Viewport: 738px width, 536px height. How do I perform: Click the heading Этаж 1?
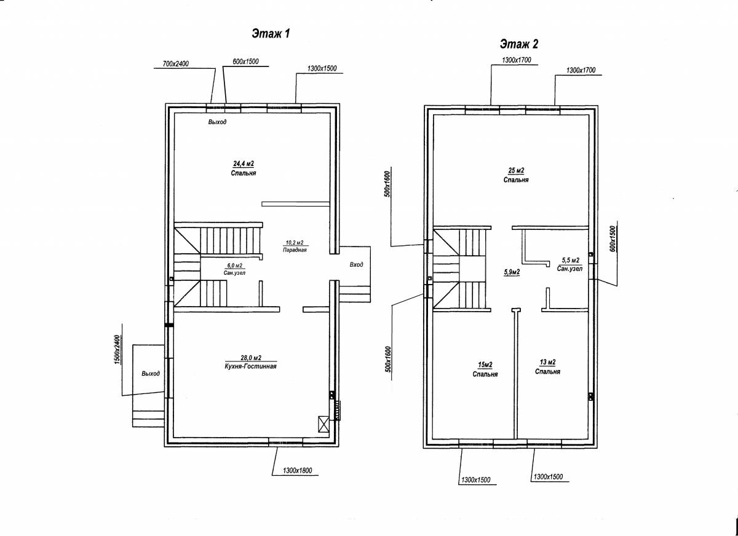(271, 34)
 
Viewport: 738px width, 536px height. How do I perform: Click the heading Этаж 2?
(519, 44)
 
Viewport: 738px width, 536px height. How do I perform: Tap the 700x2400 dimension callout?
(176, 63)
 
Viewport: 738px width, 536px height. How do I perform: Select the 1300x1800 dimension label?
(297, 470)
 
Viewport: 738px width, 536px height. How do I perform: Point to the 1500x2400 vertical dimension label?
(117, 350)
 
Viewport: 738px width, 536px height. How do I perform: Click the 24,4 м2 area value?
(244, 164)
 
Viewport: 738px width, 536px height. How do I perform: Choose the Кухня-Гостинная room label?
(250, 366)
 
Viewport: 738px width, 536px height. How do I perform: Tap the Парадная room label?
(295, 250)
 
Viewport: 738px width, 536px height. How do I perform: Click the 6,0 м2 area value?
(234, 266)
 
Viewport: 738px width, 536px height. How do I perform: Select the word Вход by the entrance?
(357, 264)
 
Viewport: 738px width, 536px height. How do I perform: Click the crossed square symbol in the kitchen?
(323, 424)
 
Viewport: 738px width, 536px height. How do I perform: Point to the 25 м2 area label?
(516, 170)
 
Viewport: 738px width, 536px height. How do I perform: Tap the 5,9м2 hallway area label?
(512, 272)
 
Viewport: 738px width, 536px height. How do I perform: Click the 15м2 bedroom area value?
(485, 365)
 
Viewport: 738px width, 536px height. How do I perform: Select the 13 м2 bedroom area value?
(547, 362)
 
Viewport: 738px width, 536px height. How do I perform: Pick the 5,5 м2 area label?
(570, 260)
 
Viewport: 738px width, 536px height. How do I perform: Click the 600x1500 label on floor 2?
(613, 238)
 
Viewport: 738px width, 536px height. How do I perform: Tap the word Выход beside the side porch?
(151, 373)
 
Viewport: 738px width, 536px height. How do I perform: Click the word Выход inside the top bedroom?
(217, 122)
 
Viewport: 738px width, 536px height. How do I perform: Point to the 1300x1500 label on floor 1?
(322, 68)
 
